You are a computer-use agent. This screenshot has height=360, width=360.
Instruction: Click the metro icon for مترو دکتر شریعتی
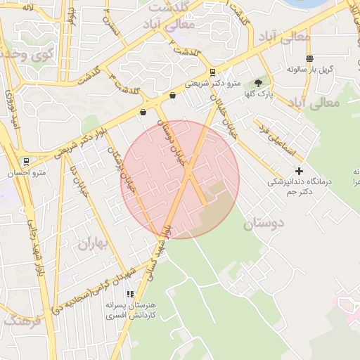[213, 72]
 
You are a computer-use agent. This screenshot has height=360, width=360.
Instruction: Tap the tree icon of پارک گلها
[258, 83]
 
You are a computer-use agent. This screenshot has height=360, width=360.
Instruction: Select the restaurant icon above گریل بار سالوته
[309, 58]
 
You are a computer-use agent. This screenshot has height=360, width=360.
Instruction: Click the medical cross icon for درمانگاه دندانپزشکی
[299, 171]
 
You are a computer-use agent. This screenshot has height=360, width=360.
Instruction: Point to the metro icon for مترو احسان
[26, 161]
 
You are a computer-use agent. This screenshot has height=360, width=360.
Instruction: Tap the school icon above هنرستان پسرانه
[129, 294]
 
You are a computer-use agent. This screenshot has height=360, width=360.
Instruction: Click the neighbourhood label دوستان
[263, 224]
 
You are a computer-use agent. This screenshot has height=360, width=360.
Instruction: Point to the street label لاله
[28, 6]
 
